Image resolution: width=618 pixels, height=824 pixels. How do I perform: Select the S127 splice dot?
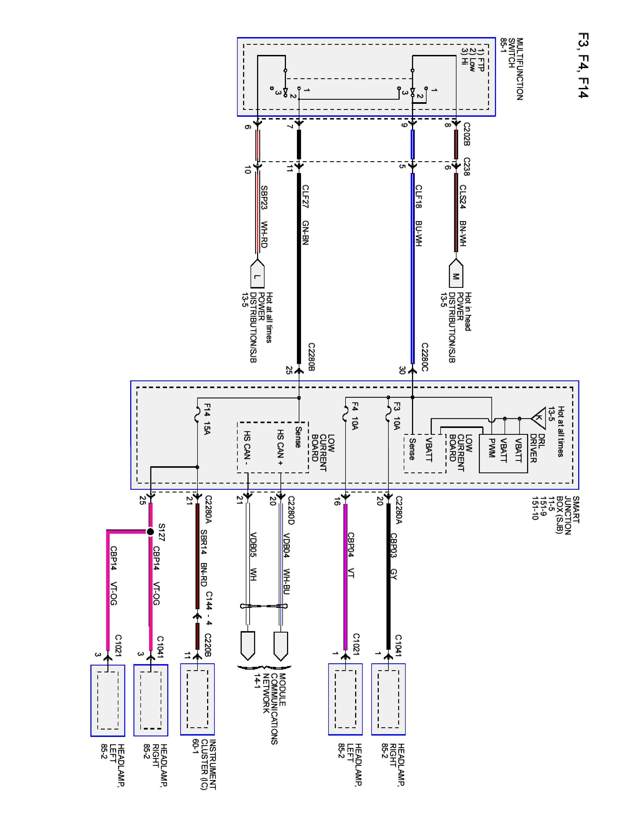pos(150,531)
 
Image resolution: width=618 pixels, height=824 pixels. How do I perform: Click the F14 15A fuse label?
pos(207,419)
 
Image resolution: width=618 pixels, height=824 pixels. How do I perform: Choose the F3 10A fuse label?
pos(397,416)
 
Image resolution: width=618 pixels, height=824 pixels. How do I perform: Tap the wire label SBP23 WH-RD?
pos(264,217)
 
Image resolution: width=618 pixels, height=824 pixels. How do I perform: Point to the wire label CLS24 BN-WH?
pos(463,215)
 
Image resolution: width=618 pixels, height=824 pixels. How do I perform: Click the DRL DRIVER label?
pos(538,449)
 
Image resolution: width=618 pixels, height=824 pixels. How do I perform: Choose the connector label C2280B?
pos(312,357)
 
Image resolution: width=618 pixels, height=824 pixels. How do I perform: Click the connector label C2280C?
pos(425,357)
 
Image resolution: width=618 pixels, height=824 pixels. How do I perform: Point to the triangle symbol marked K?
pos(539,418)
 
